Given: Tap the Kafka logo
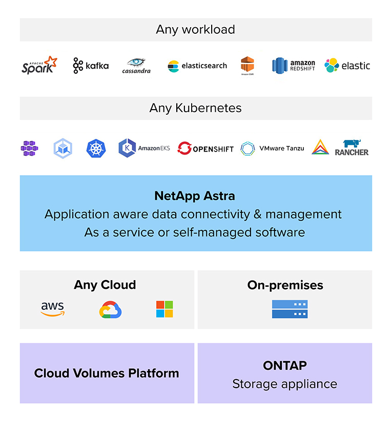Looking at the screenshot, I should point(91,66).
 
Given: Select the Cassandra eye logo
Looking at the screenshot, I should point(136,66).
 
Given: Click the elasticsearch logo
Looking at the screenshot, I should point(197,66).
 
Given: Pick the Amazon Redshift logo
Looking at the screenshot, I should point(294,66).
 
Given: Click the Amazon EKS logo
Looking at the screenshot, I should point(137,148).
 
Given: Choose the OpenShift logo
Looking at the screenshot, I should point(205,149).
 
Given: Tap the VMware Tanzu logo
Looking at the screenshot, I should point(272,149).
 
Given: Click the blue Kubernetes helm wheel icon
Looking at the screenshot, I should point(95,149).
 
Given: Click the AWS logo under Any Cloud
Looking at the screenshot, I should point(53,309).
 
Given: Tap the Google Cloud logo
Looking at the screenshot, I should point(110,309).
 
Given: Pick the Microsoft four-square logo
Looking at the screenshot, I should point(164,309).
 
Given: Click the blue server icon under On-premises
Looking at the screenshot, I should point(290,309).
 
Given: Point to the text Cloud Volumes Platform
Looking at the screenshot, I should point(107,373).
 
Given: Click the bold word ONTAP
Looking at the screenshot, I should point(285,365).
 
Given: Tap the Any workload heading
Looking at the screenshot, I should point(195,29).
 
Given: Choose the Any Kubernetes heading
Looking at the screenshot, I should point(195,108).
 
